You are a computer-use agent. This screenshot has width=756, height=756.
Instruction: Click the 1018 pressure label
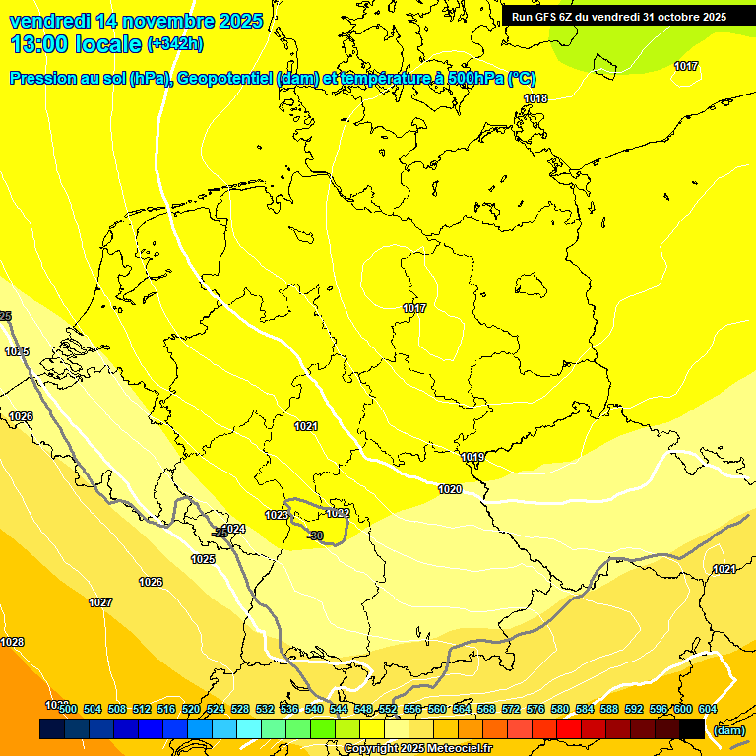535,98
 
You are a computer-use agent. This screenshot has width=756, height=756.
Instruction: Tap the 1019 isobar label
472,457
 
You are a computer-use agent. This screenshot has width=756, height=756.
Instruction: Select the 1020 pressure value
450,489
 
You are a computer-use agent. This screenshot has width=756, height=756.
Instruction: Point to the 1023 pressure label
277,515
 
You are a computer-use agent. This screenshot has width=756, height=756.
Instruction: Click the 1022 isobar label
338,513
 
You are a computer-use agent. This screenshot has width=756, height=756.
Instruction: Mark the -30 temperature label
315,535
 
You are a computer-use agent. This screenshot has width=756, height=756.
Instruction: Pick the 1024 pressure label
233,529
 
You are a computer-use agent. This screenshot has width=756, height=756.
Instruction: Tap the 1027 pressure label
100,602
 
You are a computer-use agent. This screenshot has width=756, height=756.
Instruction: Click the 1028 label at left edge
12,642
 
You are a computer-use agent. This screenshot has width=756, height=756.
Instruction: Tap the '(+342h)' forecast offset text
174,44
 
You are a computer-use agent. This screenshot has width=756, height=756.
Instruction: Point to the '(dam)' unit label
728,730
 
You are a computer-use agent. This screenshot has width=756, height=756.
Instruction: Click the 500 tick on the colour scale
67,709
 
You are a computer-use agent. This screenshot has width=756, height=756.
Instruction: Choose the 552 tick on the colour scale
387,709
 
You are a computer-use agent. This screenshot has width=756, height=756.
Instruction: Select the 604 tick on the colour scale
707,709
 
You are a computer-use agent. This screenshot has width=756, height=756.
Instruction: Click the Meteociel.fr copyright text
416,748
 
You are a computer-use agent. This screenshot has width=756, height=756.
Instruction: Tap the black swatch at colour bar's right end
692,729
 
